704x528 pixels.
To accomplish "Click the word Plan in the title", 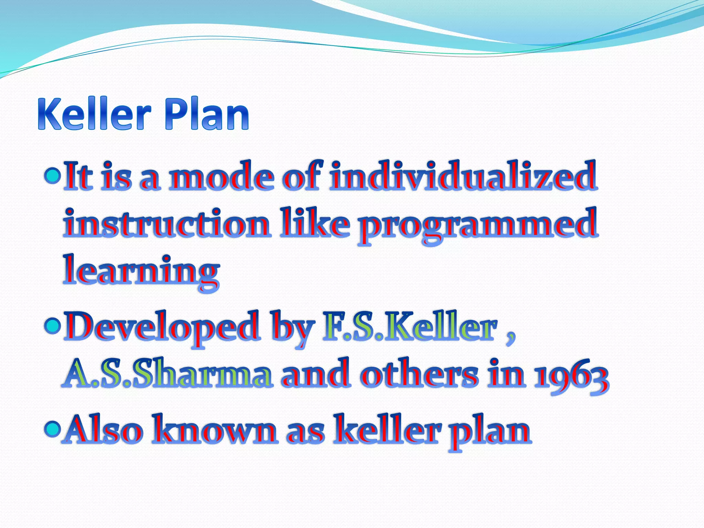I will (x=206, y=114).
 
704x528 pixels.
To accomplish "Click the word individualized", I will (x=462, y=176).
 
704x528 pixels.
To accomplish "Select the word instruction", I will (x=166, y=223).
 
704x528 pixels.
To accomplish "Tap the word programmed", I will (x=478, y=225).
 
